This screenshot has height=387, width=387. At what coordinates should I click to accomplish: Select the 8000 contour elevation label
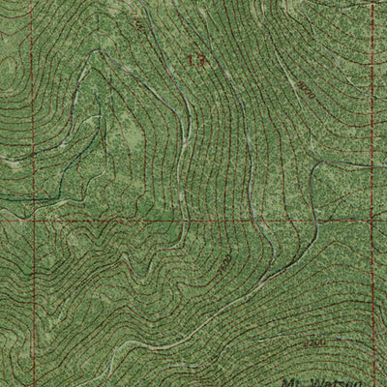(x=307, y=92)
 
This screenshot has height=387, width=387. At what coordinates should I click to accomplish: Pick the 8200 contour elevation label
(x=313, y=342)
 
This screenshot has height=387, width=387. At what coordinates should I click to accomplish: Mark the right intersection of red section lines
(x=373, y=221)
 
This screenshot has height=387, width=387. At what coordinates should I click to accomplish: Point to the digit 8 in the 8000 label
(x=301, y=85)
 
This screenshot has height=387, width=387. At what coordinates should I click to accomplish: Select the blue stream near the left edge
(x=19, y=197)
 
